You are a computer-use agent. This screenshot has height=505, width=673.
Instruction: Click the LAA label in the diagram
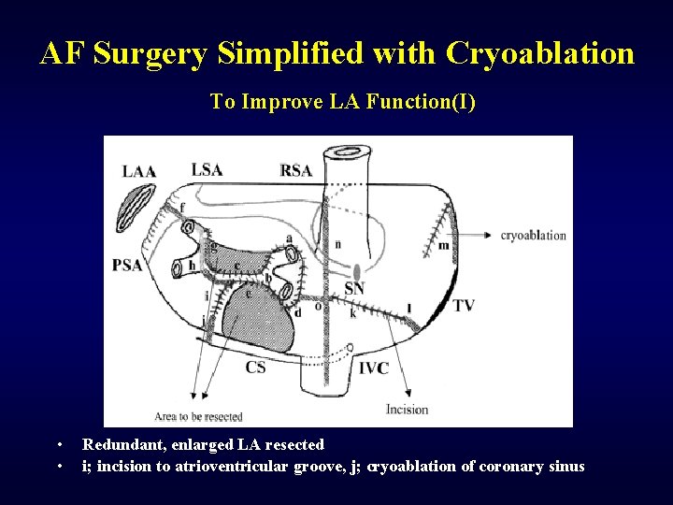138,171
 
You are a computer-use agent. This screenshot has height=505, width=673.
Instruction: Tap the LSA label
207,169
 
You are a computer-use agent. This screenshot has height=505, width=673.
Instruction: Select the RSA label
295,170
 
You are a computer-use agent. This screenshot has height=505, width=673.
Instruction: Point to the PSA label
127,266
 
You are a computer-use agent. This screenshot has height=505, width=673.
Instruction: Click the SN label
353,289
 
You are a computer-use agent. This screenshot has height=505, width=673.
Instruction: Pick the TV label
464,306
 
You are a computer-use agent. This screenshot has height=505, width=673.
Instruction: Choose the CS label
255,368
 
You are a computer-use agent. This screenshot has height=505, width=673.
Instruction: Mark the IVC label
373,368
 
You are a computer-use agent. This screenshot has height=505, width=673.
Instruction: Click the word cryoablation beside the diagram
533,236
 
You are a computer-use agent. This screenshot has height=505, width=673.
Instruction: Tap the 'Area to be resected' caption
198,416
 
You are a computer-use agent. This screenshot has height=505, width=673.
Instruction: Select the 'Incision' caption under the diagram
407,409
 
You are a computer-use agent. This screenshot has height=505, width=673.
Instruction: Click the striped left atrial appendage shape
145,201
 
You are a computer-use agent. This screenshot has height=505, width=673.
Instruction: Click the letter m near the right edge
443,246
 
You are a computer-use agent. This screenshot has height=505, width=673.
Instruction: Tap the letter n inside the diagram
337,244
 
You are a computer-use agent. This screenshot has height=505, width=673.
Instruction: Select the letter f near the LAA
182,207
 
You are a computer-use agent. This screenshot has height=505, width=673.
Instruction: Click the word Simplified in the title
291,53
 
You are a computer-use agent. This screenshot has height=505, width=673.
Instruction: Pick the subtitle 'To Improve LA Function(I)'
342,101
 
